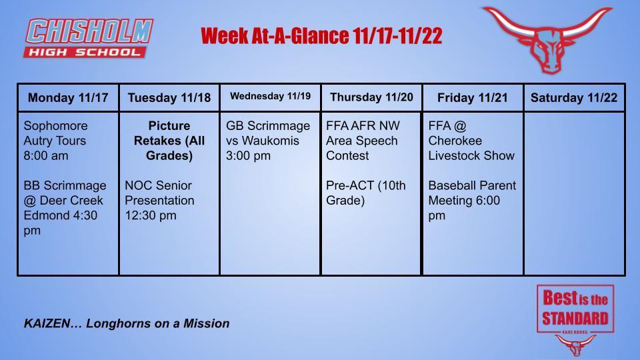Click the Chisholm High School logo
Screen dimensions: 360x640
tap(89, 38)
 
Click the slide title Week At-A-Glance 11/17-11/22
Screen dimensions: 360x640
tap(321, 36)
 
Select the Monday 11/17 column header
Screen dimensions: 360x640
tap(68, 98)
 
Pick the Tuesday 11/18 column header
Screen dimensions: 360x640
tap(169, 98)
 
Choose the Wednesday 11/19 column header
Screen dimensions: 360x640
tap(270, 97)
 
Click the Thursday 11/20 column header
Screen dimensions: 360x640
tap(371, 97)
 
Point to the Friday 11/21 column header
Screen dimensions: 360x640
tap(472, 98)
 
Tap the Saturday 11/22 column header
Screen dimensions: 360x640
tap(574, 98)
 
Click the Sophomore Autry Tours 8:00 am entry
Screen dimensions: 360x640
tap(56, 141)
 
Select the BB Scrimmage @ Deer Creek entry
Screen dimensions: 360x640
tap(65, 207)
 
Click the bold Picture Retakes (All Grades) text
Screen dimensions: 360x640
tap(169, 141)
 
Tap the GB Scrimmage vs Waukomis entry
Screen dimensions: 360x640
tap(268, 141)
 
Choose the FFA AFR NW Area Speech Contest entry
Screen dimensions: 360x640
tap(362, 141)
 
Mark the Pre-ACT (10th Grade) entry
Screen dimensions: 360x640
tap(365, 193)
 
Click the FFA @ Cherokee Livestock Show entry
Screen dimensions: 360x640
tap(471, 141)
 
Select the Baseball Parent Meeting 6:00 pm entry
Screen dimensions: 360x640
tap(472, 200)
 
